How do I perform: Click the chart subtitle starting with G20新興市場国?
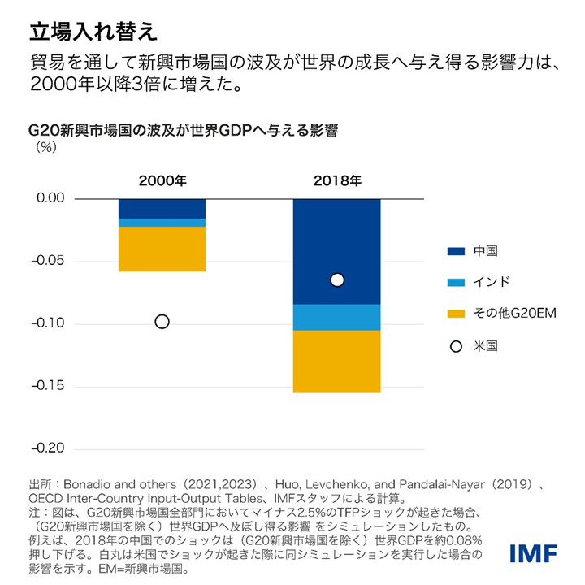(183, 130)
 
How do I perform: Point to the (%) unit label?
(45, 148)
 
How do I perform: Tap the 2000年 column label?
(162, 180)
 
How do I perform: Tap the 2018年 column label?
(336, 180)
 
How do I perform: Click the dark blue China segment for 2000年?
(162, 209)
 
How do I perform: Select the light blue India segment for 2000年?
(162, 223)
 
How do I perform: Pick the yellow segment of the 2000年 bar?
(162, 249)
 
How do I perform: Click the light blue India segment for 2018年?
(336, 316)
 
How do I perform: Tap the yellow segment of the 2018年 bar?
(336, 361)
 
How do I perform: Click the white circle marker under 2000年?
(162, 322)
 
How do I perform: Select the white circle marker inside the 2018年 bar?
(337, 279)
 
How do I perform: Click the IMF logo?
(533, 553)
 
